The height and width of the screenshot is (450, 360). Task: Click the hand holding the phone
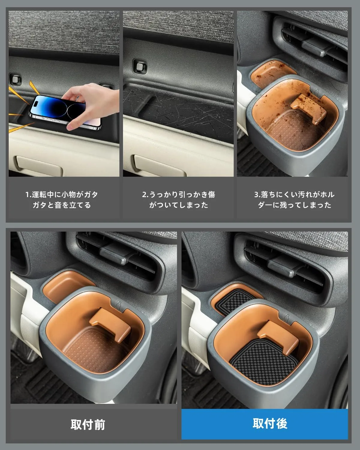pos(92,105)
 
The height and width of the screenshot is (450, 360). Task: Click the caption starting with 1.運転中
pos(62,200)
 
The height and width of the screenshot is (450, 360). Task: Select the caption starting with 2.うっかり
pos(178,200)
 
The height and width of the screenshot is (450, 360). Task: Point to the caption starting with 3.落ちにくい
pos(294,200)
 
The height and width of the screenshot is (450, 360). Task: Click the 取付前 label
pos(88,425)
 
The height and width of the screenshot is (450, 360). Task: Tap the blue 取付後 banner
pos(265,424)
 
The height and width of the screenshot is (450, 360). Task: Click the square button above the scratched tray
pos(140,67)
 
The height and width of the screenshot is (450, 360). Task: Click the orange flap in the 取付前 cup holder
pos(110,325)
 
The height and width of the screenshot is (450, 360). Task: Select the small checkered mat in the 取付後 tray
pos(234,301)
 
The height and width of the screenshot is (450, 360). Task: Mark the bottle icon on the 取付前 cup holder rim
pos(118,304)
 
